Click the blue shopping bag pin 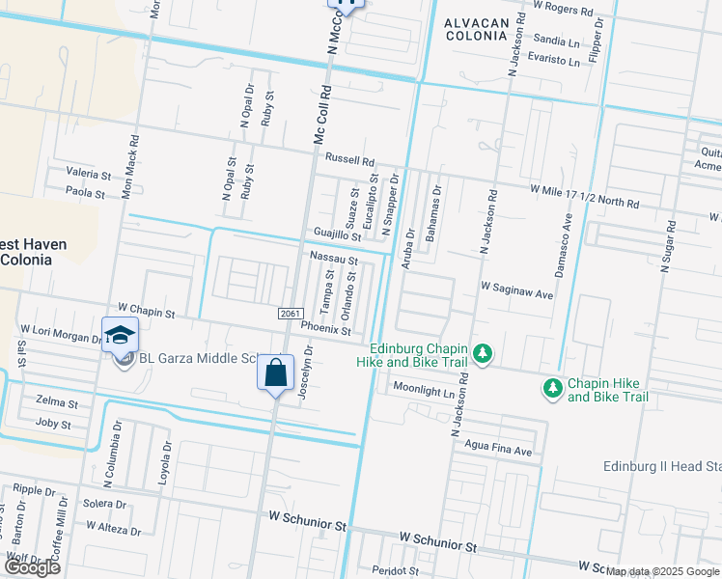276,372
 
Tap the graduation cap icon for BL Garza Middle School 121,335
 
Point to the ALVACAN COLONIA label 474,28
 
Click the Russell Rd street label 348,160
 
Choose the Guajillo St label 337,235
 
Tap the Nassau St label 333,259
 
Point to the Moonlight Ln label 423,389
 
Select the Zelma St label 55,400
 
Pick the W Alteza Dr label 113,528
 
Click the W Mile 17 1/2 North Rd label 583,197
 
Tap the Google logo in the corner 32,567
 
